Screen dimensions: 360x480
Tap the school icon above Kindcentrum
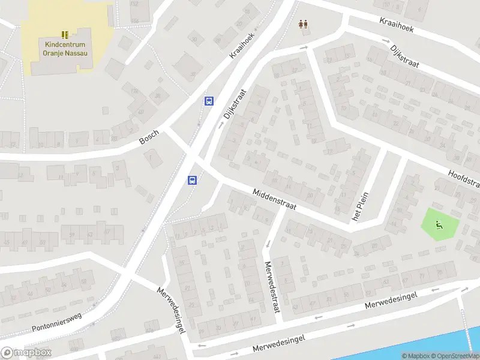coord(65,35)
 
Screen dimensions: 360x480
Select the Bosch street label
coord(149,137)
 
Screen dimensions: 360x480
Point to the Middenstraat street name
coord(275,200)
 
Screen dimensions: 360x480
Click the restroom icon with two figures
coord(304,25)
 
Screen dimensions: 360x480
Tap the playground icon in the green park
coord(439,226)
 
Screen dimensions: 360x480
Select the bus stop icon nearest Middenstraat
coord(193,180)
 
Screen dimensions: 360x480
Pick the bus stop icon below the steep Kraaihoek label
coord(209,101)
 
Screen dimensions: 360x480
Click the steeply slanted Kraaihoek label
coord(242,44)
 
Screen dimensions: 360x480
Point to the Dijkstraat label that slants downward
coord(404,56)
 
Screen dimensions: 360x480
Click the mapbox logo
coord(26,353)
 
